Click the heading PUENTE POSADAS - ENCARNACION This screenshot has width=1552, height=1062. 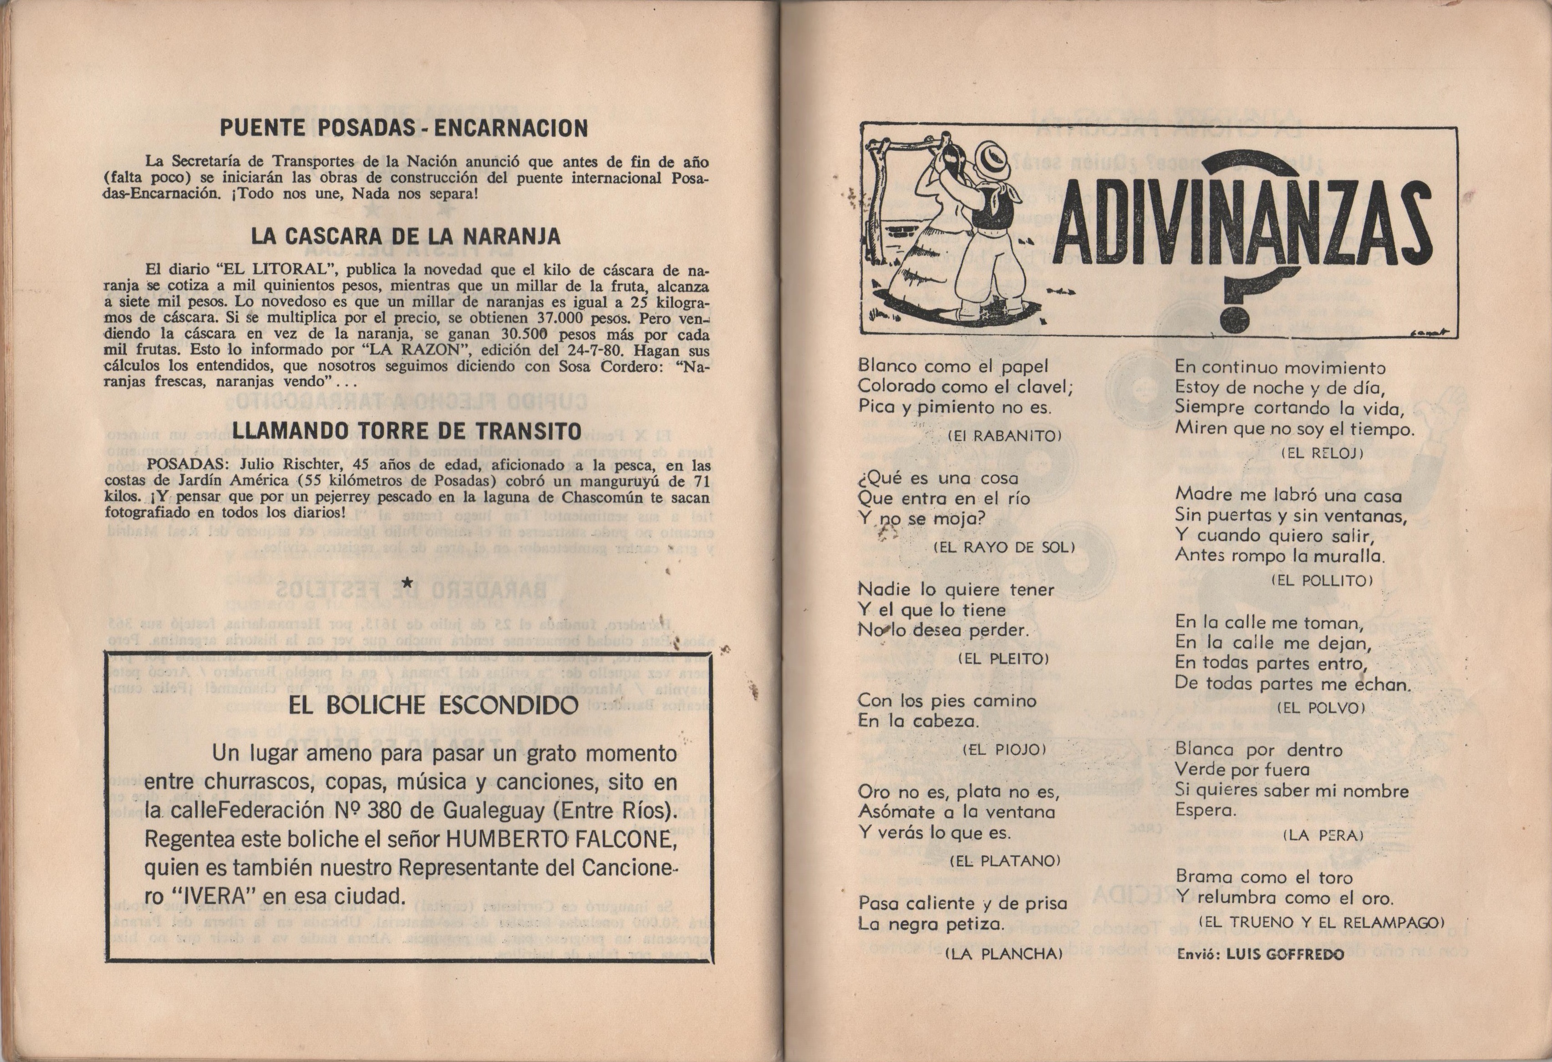[x=404, y=128]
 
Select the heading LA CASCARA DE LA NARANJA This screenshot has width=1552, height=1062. [x=405, y=236]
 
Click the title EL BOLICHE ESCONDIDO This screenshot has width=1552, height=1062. [x=433, y=705]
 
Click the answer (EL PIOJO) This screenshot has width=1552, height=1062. [x=1004, y=749]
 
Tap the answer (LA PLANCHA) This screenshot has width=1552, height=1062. [x=1003, y=954]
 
